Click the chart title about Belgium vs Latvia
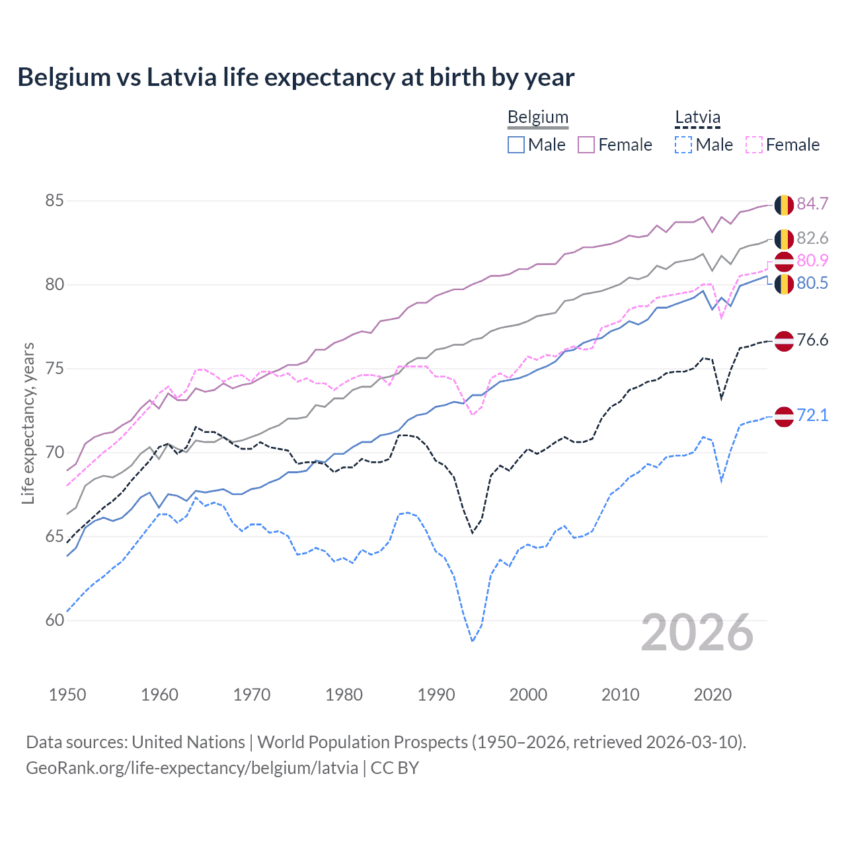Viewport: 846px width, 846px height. point(295,77)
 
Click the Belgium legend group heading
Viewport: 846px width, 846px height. point(537,118)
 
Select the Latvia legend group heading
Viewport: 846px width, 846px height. point(697,118)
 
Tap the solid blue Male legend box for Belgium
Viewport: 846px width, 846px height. point(516,145)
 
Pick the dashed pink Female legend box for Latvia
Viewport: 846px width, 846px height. point(754,145)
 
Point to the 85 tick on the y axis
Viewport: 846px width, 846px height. point(54,200)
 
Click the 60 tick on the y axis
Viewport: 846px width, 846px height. point(54,620)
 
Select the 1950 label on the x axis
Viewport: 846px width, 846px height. point(67,695)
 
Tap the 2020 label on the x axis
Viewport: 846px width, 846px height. point(712,695)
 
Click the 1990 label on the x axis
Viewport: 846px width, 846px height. point(436,695)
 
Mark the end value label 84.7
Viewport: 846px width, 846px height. point(812,204)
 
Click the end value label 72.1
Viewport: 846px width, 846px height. point(812,415)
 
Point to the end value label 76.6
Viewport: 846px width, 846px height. point(812,340)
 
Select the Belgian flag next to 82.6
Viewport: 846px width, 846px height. point(784,239)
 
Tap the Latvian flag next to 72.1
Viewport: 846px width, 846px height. point(784,416)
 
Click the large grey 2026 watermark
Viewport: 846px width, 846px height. point(697,633)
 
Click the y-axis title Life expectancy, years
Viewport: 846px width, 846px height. point(28,423)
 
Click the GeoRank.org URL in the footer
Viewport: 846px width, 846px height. point(192,768)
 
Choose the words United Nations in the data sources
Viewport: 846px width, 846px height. point(188,742)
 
